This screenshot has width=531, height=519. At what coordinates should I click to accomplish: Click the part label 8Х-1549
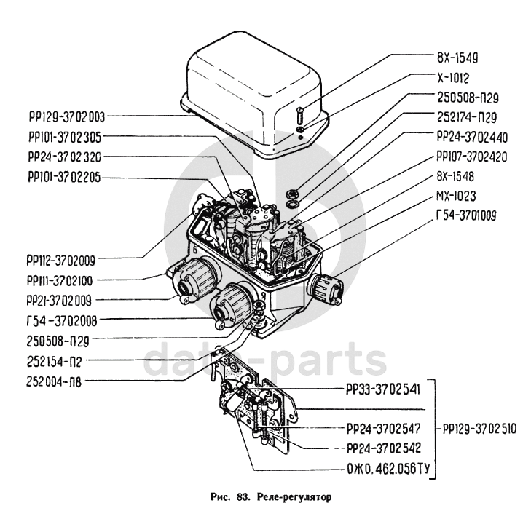[x=457, y=58]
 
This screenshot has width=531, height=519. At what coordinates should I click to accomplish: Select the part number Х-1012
[x=453, y=78]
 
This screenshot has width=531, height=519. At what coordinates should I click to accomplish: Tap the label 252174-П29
[x=467, y=117]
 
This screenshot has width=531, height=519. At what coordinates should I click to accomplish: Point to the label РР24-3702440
[x=472, y=138]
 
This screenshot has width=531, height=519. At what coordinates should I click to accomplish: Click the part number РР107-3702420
[x=472, y=157]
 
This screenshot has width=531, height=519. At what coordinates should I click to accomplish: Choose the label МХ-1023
[x=456, y=197]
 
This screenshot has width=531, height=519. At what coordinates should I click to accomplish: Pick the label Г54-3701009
[x=466, y=215]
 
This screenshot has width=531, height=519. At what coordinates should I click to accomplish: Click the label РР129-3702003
[x=67, y=117]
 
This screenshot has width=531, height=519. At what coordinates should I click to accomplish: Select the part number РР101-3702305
[x=65, y=137]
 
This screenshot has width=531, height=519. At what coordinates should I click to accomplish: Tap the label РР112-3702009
[x=61, y=261]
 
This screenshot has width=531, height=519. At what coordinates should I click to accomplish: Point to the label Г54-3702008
[x=62, y=321]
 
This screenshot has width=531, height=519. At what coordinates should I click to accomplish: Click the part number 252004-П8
[x=54, y=382]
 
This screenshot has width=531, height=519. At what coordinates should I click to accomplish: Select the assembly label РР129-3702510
[x=480, y=429]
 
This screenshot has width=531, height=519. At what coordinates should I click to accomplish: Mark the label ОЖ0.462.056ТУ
[x=388, y=469]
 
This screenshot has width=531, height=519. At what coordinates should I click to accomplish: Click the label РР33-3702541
[x=383, y=389]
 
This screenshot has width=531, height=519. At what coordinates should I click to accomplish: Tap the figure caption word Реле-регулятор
[x=294, y=496]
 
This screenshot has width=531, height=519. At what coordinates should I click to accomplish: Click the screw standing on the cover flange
[x=301, y=115]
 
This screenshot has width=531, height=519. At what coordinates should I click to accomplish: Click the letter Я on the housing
[x=262, y=295]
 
